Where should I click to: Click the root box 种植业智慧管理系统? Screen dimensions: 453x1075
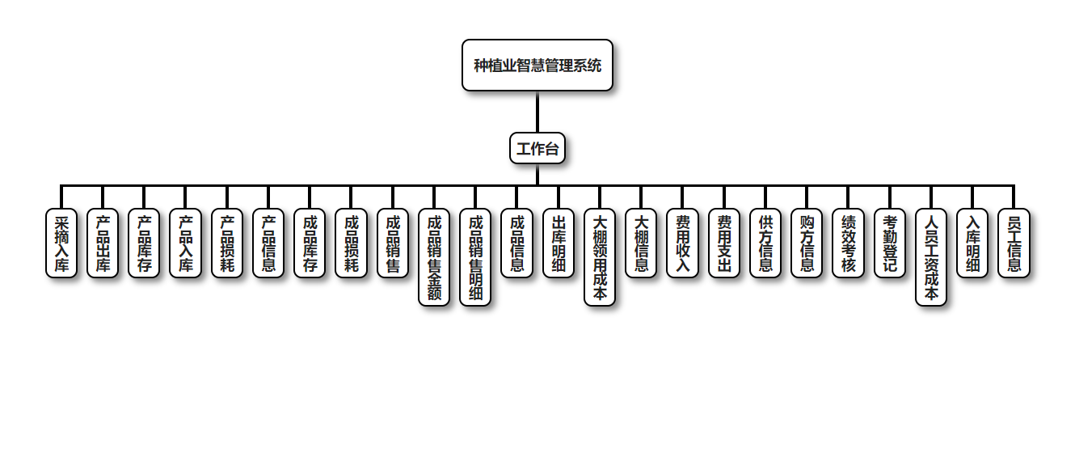(537, 66)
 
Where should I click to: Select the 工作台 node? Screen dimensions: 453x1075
(537, 149)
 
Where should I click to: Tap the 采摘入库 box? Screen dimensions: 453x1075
(61, 243)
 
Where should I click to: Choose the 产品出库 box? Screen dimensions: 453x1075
(103, 243)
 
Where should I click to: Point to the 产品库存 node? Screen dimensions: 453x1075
(144, 243)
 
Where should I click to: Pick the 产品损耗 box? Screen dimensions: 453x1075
(227, 243)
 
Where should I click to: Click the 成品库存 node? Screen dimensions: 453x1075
(310, 243)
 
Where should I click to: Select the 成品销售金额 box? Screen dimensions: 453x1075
(434, 257)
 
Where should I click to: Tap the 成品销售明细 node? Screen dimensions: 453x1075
(475, 257)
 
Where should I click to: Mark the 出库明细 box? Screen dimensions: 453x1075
(559, 243)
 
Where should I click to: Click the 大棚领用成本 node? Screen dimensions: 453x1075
(600, 257)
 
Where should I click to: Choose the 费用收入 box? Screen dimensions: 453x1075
(682, 243)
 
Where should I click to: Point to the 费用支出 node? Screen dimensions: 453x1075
(724, 243)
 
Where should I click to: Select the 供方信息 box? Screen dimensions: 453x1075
(765, 243)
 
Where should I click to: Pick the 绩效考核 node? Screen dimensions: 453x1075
(848, 243)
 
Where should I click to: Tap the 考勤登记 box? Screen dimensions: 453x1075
(890, 243)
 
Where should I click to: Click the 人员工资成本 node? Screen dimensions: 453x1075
(931, 257)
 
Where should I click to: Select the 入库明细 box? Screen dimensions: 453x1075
(972, 243)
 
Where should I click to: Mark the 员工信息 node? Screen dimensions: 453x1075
(1014, 243)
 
